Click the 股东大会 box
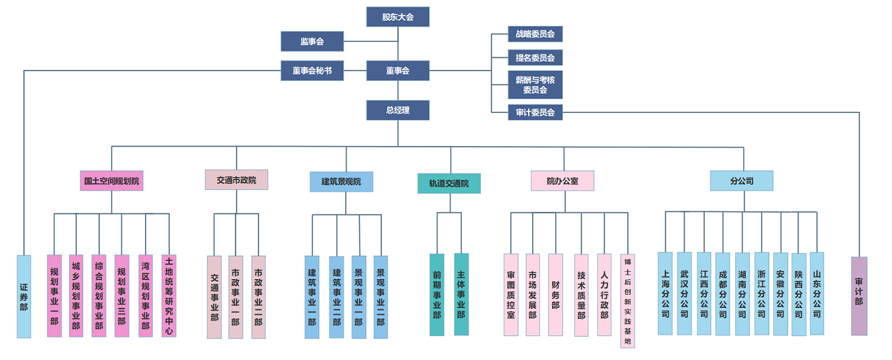click(397, 17)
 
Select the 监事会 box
click(312, 42)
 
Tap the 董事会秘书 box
click(312, 70)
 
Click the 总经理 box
click(397, 110)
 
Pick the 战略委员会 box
click(534, 34)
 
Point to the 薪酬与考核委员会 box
click(534, 85)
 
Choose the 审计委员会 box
click(534, 112)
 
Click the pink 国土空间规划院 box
click(112, 181)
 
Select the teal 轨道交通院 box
click(449, 183)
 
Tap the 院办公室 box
click(562, 181)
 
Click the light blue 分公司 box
click(742, 181)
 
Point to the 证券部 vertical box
click(23, 297)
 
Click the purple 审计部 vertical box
click(859, 296)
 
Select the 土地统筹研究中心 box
click(169, 296)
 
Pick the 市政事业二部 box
click(258, 297)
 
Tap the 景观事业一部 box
click(358, 297)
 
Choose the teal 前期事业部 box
click(437, 295)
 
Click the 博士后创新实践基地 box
click(627, 301)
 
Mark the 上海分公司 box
click(665, 293)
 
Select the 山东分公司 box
click(817, 293)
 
